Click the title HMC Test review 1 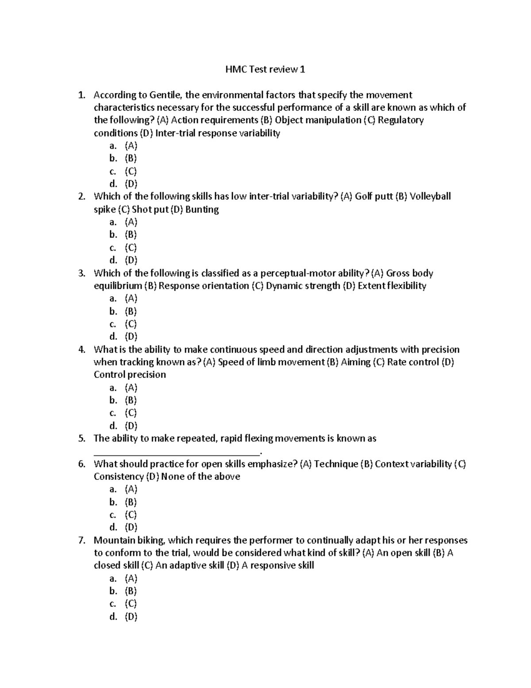pyautogui.click(x=265, y=70)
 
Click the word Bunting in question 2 pyautogui.click(x=202, y=209)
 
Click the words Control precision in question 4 pyautogui.click(x=130, y=375)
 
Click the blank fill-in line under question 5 pyautogui.click(x=177, y=452)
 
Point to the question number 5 pyautogui.click(x=81, y=439)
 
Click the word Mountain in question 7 pyautogui.click(x=112, y=540)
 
